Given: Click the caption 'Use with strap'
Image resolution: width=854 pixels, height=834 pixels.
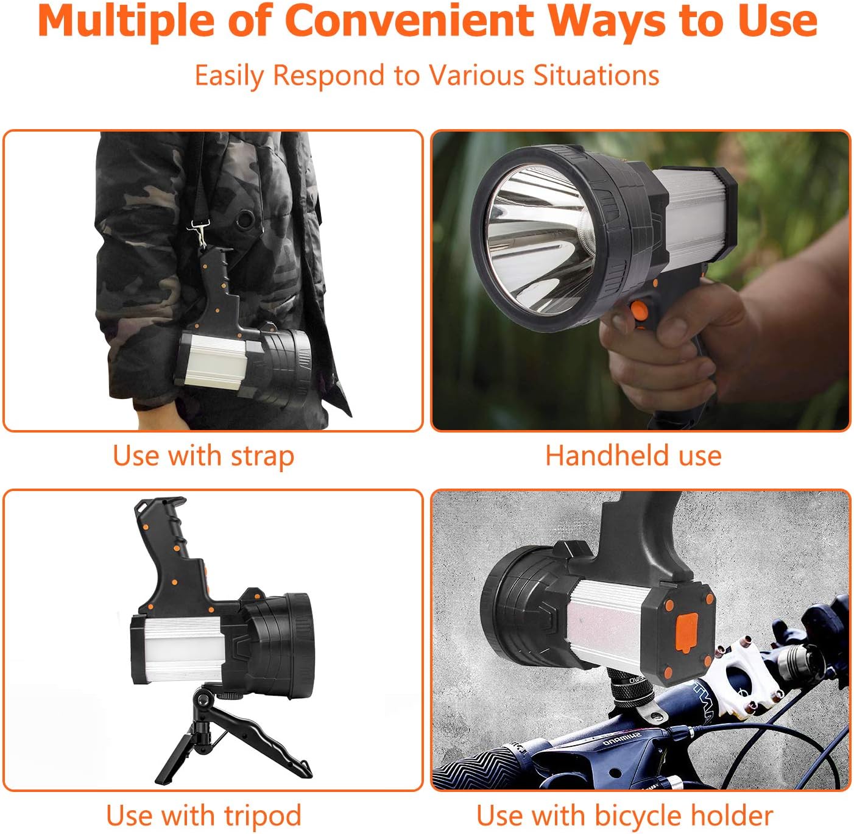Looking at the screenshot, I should [x=203, y=456].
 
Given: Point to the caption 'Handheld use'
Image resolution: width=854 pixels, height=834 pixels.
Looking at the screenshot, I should [x=633, y=456].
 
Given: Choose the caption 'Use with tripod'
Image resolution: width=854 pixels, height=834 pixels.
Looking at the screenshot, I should [x=203, y=815].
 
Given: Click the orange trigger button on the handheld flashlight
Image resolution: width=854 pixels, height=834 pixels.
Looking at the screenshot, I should [x=640, y=311].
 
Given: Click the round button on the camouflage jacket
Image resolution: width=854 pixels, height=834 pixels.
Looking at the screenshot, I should [x=245, y=219].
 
